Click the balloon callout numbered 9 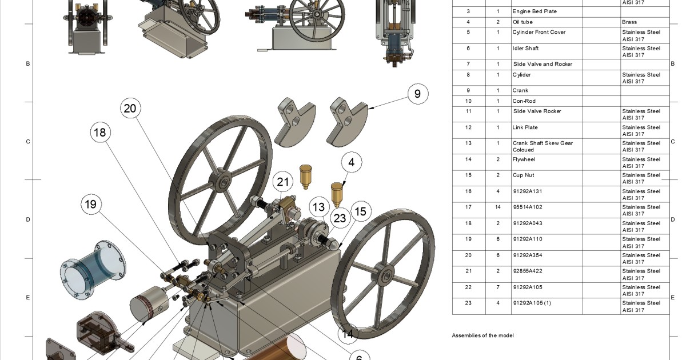coord(417,94)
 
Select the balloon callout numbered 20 coord(130,109)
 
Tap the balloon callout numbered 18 coord(100,133)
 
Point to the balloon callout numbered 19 coord(91,204)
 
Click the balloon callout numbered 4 coord(351,162)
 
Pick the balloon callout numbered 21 coord(282,182)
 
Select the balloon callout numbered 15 coord(360,211)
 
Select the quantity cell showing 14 coord(497,207)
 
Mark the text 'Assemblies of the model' coord(482,335)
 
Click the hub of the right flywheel coord(386,276)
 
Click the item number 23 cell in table coord(468,303)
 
